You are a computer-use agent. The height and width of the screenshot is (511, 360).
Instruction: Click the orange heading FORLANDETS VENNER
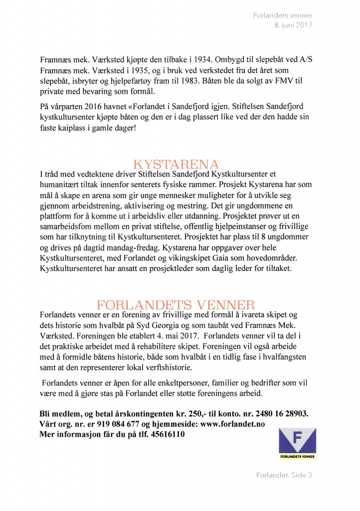[176, 305]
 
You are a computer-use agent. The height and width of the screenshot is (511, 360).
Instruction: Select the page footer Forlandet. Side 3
[284, 475]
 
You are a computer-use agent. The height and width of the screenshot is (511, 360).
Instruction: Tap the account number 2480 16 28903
[278, 414]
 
